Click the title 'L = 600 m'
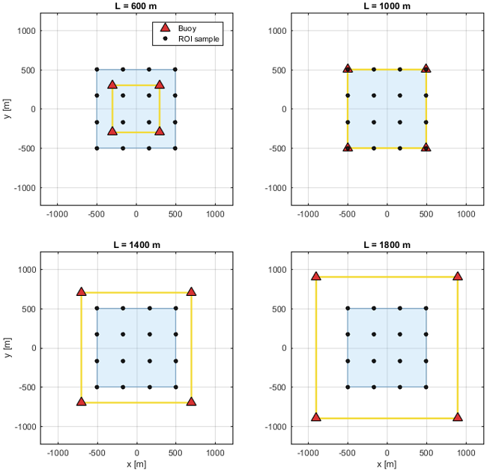136,6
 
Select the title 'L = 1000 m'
387,6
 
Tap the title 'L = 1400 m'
136,245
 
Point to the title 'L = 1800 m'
387,245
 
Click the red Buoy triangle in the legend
166,28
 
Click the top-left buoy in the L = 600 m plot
112,85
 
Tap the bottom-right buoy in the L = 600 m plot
160,131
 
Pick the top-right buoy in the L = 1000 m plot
426,68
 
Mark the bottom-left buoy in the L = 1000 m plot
348,147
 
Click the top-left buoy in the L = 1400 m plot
81,291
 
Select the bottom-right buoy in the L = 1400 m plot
191,402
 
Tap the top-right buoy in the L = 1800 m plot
458,276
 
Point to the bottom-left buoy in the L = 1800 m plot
316,417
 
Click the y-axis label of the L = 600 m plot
7,109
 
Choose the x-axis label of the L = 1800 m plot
387,465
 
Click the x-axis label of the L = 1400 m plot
136,465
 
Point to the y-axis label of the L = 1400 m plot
7,348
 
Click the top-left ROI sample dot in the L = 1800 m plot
348,308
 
